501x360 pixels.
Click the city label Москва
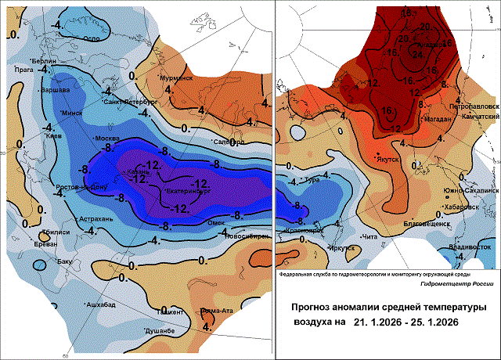[x=106, y=139]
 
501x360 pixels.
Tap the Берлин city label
[x=45, y=61]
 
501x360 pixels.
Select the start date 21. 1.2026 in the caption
[x=377, y=322]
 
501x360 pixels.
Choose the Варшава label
[x=56, y=89]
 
